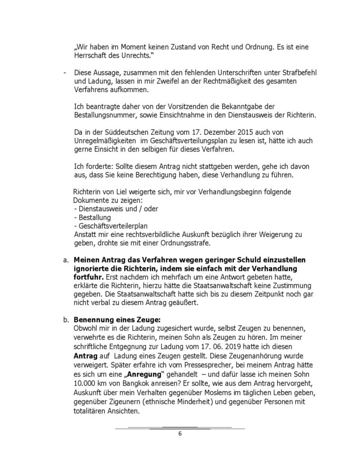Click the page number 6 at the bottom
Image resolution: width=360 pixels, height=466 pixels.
[x=179, y=433]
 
